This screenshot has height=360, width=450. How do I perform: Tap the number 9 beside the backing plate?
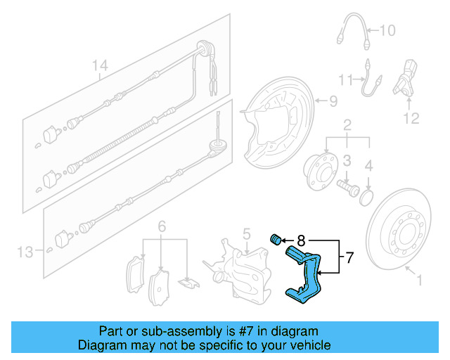[x=333, y=101]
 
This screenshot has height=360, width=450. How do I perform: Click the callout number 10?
[x=387, y=30]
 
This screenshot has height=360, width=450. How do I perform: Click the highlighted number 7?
[x=350, y=258]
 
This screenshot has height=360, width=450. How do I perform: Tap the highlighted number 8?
[x=300, y=240]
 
